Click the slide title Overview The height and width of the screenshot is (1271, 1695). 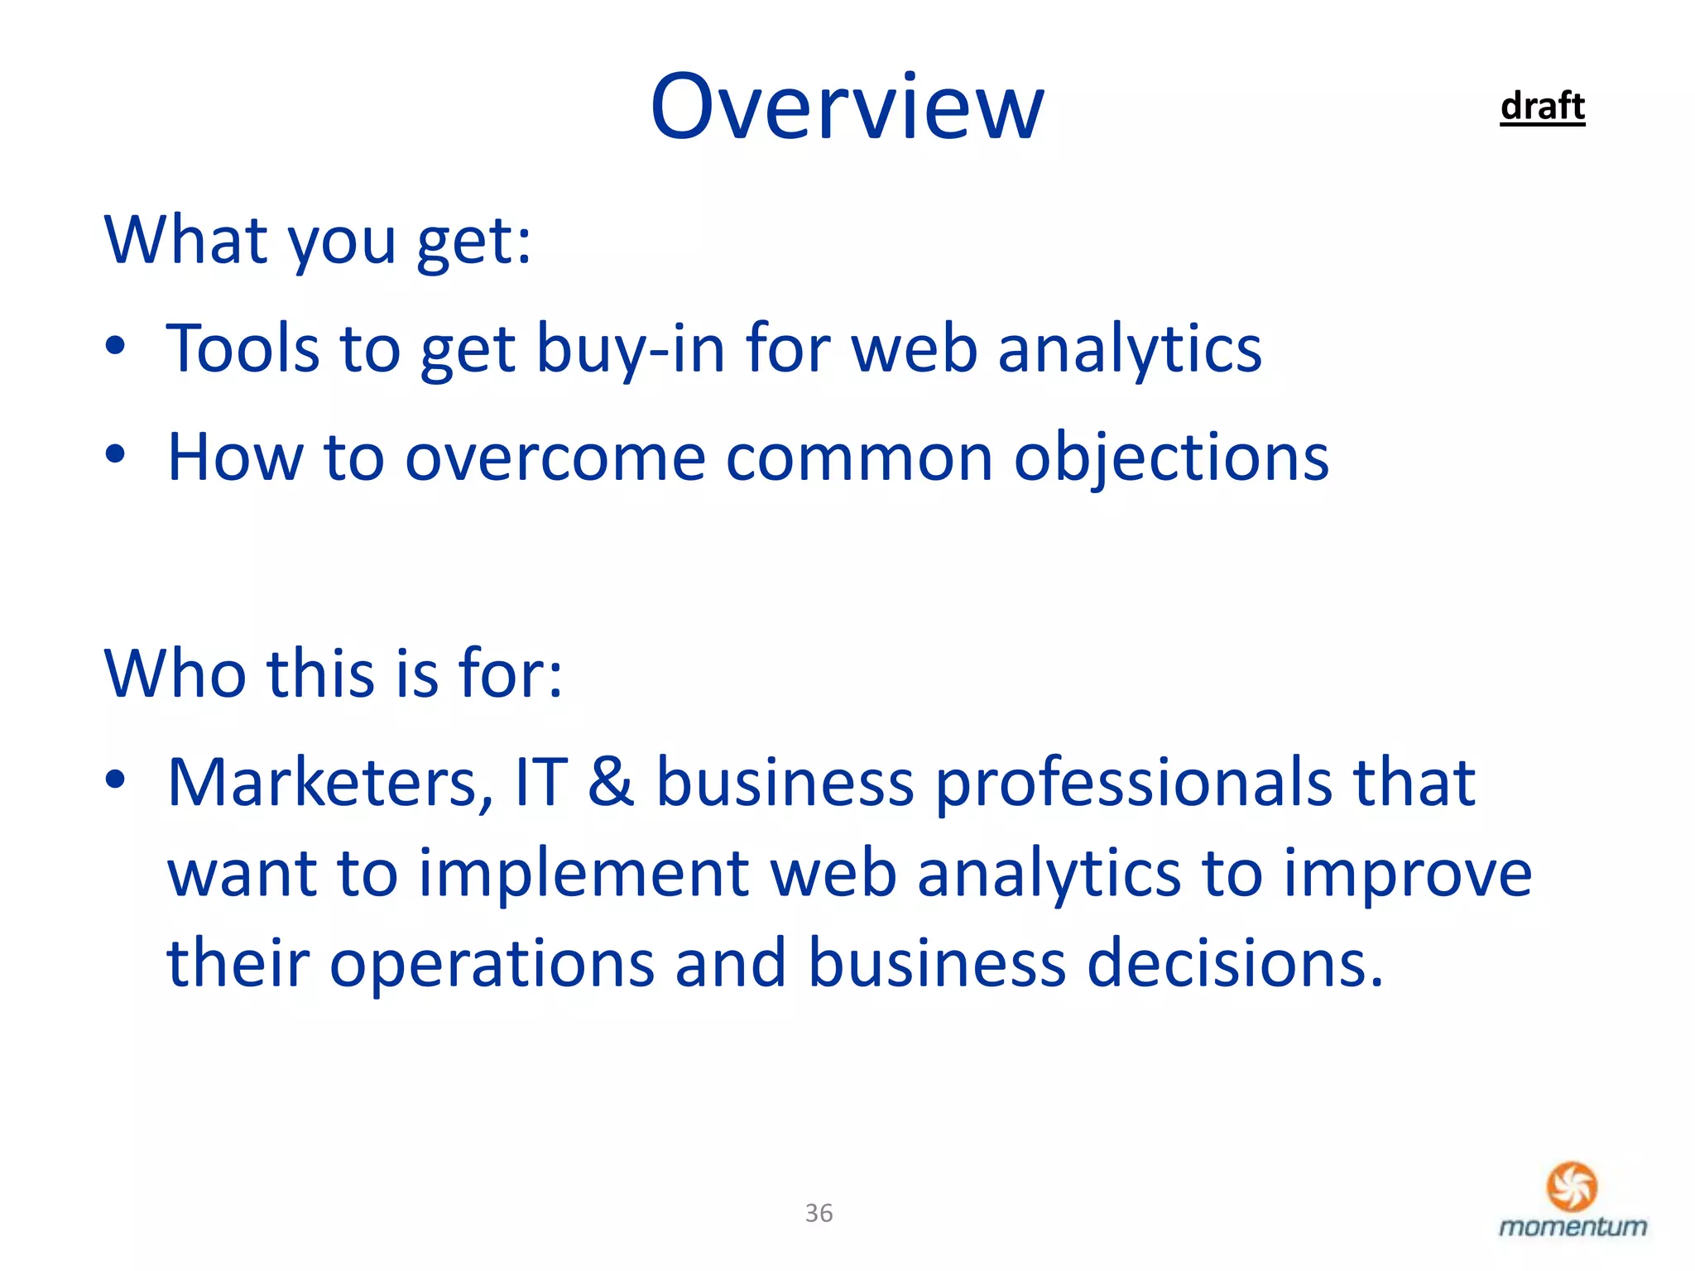pyautogui.click(x=847, y=107)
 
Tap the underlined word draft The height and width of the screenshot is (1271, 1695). pyautogui.click(x=1542, y=107)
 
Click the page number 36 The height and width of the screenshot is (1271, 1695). pyautogui.click(x=819, y=1213)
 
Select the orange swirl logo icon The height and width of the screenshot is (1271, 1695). pyautogui.click(x=1572, y=1187)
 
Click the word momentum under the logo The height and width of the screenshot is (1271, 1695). pyautogui.click(x=1573, y=1226)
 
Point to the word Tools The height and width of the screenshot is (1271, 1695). pyautogui.click(x=242, y=348)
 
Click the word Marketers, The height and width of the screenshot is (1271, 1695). pyautogui.click(x=330, y=782)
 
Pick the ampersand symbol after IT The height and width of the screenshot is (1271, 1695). pyautogui.click(x=611, y=782)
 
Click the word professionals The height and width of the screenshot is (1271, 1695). pyautogui.click(x=1134, y=782)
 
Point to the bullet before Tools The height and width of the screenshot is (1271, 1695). pyautogui.click(x=116, y=346)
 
